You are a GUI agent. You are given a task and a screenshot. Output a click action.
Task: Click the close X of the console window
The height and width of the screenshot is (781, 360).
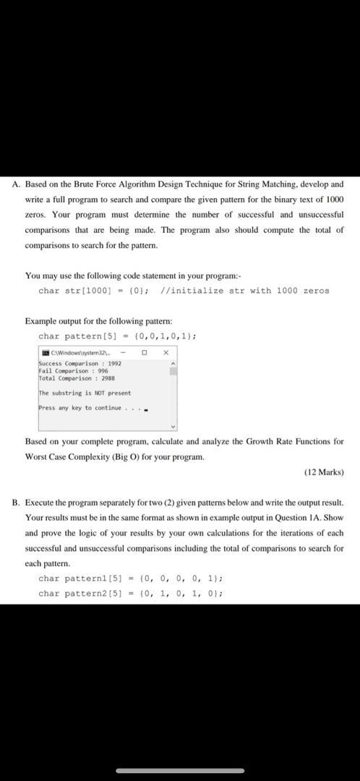pos(166,352)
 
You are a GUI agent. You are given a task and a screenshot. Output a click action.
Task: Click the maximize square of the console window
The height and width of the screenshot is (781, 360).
pos(145,352)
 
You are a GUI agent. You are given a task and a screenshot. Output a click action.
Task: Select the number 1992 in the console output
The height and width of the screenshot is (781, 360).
pos(114,363)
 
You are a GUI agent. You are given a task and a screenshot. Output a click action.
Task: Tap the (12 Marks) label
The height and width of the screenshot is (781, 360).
pos(324,472)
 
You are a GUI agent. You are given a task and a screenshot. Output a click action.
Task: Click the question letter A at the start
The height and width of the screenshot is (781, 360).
pos(16,184)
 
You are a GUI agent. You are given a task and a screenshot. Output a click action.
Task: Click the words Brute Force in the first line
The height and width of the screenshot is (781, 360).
pos(111,184)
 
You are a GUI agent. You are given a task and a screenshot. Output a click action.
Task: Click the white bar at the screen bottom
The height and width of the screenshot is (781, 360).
pos(180,771)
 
